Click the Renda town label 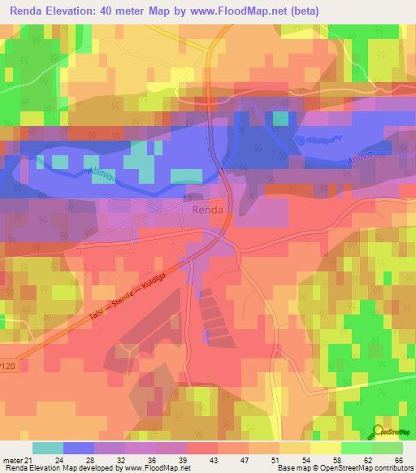[x=207, y=210]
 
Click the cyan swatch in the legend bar [x=48, y=448]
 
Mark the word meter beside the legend [x=12, y=460]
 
